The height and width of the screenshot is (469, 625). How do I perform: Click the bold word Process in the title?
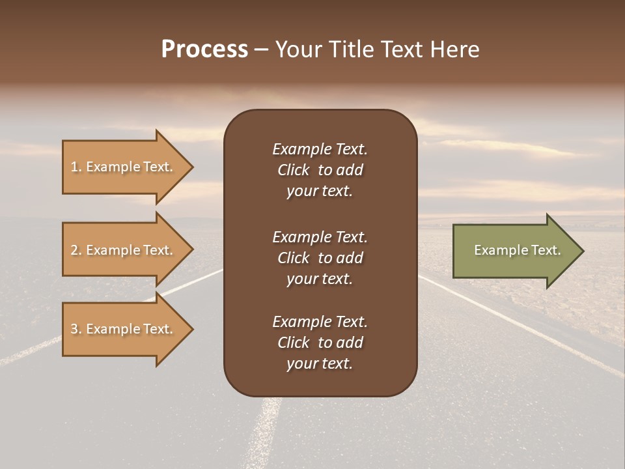click(204, 50)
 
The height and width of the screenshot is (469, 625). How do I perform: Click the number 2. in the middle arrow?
click(76, 250)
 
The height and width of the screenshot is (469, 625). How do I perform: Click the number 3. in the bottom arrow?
click(76, 329)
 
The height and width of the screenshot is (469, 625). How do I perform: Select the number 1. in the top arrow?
click(76, 167)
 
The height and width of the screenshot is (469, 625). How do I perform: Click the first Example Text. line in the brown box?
click(320, 149)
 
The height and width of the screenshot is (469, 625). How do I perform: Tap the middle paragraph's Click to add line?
click(320, 258)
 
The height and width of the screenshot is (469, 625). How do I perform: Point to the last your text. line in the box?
click(320, 363)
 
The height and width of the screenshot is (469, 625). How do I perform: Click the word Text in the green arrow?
click(547, 250)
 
